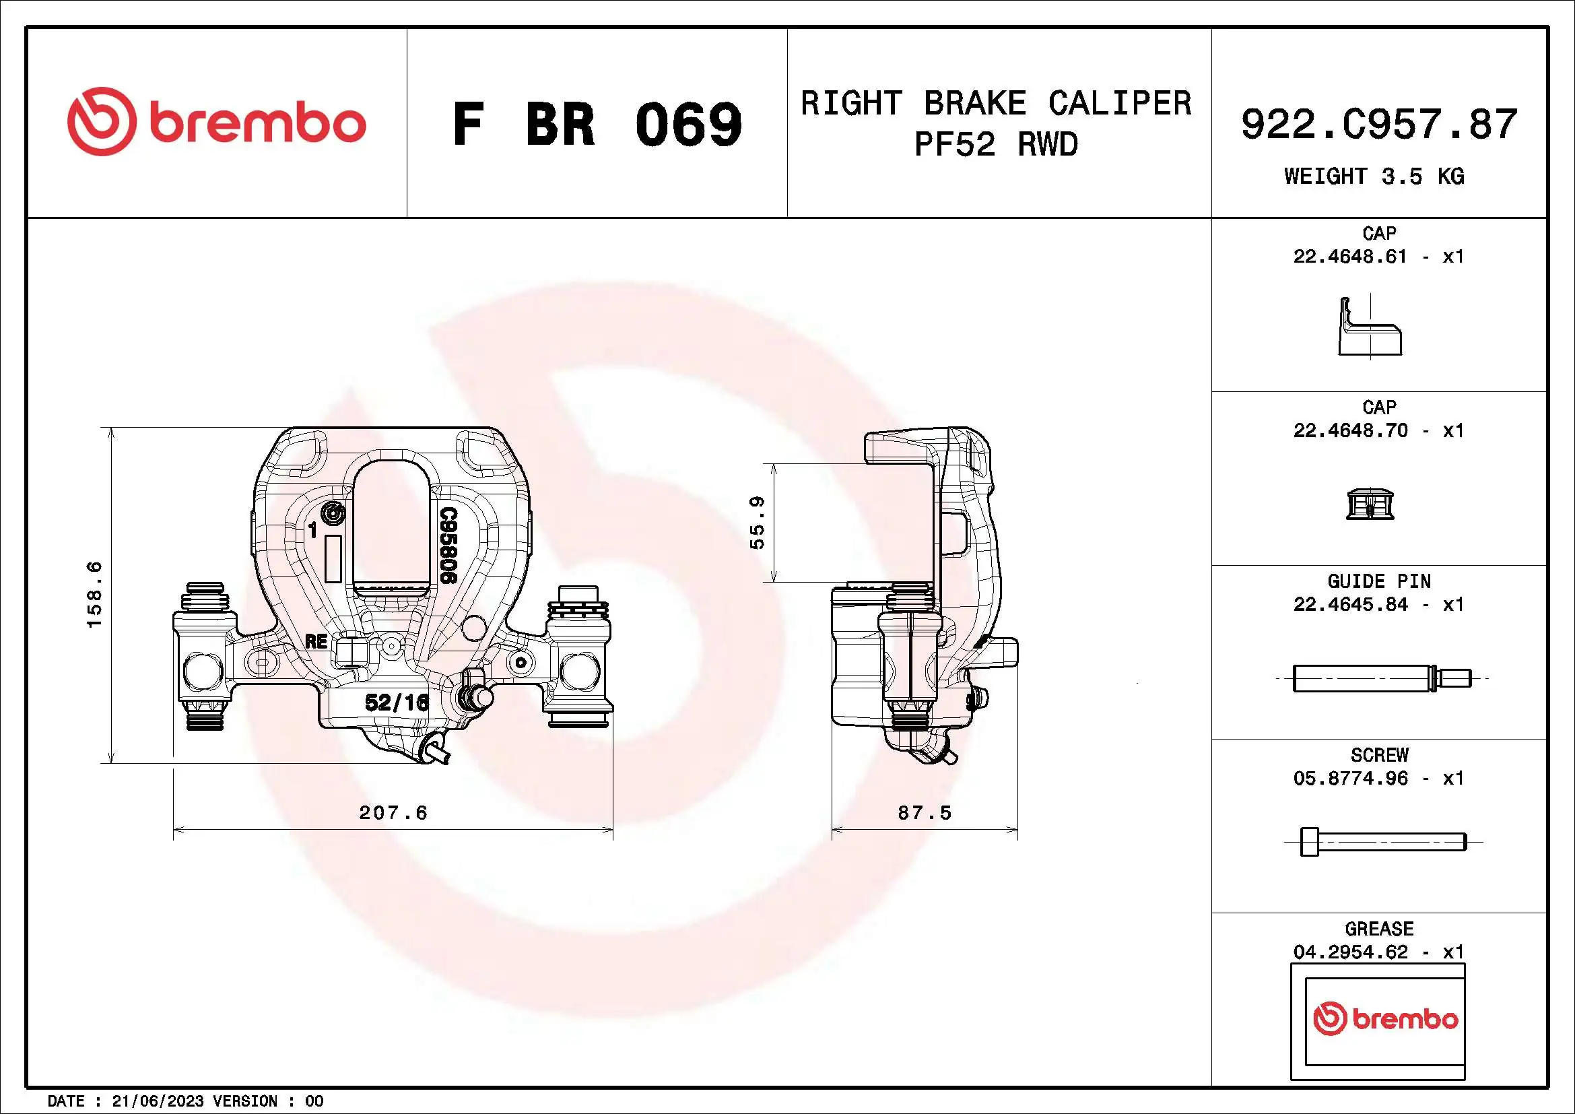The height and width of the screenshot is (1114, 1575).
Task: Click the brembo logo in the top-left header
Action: point(216,122)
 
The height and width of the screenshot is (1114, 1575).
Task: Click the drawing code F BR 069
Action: point(597,124)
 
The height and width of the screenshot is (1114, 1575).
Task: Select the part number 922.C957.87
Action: point(1379,124)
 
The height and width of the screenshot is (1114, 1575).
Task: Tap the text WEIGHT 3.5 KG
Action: point(1374,176)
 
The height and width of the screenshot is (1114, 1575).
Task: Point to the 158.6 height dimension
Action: point(94,594)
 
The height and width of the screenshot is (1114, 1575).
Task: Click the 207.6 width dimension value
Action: point(393,813)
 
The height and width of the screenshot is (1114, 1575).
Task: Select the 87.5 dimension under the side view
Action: point(924,813)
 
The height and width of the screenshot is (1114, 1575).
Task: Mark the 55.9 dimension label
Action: point(757,523)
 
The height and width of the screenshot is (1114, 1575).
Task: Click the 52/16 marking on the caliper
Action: point(397,702)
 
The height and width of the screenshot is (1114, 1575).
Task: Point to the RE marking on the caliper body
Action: point(316,642)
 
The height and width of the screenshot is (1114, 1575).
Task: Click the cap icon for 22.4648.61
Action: point(1370,327)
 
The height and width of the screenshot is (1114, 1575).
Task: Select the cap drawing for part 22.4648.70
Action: point(1370,504)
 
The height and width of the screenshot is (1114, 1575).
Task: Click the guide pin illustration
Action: point(1381,678)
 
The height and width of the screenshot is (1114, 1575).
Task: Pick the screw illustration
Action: point(1382,842)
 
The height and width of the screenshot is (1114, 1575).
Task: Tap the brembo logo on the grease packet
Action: point(1385,1019)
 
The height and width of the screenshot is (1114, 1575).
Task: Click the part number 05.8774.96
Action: point(1350,779)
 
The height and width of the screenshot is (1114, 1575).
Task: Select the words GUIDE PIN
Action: point(1379,582)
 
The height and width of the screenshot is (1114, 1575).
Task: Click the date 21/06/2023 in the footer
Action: point(158,1101)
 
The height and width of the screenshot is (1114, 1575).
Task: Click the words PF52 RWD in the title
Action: point(996,145)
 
